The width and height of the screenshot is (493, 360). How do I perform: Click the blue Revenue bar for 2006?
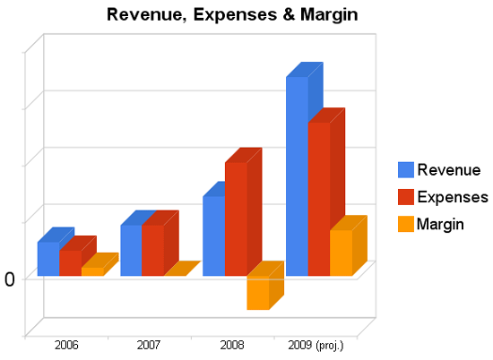coord(48,259)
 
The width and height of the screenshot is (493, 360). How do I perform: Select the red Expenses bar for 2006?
coord(70,262)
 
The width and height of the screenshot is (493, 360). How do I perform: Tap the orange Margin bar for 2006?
coord(92,271)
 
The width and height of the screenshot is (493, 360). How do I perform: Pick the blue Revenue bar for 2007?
coord(131,250)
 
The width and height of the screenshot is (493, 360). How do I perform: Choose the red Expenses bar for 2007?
coord(153,250)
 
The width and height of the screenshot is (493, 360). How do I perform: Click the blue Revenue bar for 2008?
coord(213,236)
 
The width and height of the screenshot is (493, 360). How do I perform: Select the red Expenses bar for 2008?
coord(236,219)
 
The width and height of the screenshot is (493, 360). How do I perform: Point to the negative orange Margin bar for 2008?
coord(258,293)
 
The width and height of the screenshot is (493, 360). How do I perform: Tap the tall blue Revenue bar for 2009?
coord(297,176)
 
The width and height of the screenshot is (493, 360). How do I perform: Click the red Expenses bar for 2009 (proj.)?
coord(319,199)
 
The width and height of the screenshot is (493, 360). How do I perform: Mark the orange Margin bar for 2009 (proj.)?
coord(342,253)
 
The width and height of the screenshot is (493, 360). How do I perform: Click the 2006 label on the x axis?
coord(66,345)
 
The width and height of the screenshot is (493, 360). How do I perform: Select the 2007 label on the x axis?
coord(150,345)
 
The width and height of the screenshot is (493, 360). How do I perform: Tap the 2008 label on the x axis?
coord(232,345)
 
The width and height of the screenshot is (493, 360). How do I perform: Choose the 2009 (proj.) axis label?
coord(315,345)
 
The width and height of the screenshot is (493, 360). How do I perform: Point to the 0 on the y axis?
coord(10,279)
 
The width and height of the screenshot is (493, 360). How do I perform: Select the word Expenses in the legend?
coord(453,197)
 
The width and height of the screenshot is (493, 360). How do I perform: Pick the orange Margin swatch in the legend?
coord(405,224)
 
